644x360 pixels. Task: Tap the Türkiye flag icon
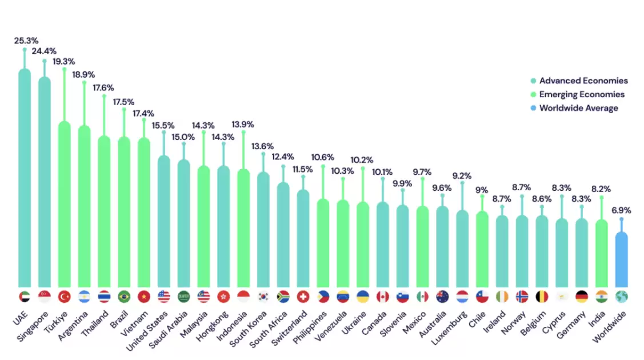pos(65,297)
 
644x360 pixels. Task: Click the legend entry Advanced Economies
pos(583,81)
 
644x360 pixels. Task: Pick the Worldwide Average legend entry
pos(578,108)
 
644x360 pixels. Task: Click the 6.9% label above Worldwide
pos(622,211)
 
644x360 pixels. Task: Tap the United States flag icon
pos(164,297)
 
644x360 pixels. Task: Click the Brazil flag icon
pos(124,297)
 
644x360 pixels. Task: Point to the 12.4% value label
pos(283,157)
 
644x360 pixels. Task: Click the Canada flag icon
pos(383,297)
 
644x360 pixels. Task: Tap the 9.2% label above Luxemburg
pos(462,176)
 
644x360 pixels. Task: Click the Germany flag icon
pos(582,297)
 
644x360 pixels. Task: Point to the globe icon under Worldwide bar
pos(621,297)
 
